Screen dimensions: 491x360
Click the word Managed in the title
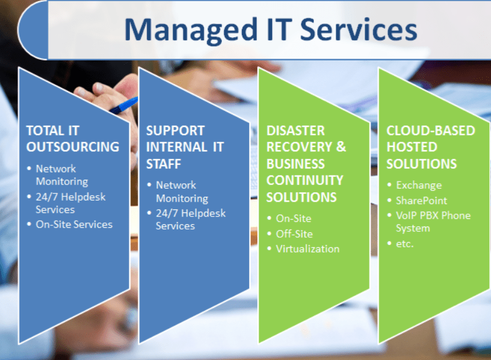point(191,30)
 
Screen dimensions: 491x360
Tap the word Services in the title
point(359,29)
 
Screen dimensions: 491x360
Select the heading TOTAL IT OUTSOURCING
point(73,139)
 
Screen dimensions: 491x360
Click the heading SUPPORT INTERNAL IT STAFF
point(185,147)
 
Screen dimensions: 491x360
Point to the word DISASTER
point(295,130)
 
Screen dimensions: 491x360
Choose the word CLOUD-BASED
point(431,130)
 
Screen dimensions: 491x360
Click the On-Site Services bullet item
point(74,224)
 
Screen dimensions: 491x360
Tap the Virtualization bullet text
point(308,249)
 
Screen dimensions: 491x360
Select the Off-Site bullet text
point(294,234)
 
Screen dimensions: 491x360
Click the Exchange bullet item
point(419,185)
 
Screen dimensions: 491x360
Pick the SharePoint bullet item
point(421,200)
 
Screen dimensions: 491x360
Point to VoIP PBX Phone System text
point(433,221)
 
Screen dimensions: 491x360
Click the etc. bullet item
point(404,244)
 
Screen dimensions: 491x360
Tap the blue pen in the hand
point(124,106)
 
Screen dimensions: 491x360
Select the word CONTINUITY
point(305,180)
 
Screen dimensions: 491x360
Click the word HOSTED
point(412,147)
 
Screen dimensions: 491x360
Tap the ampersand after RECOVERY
point(341,147)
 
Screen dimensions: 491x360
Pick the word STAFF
point(164,164)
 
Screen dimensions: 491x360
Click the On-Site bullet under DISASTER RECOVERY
point(294,218)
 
